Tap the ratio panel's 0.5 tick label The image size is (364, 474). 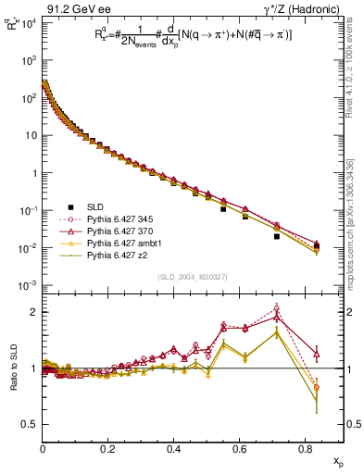point(30,424)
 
